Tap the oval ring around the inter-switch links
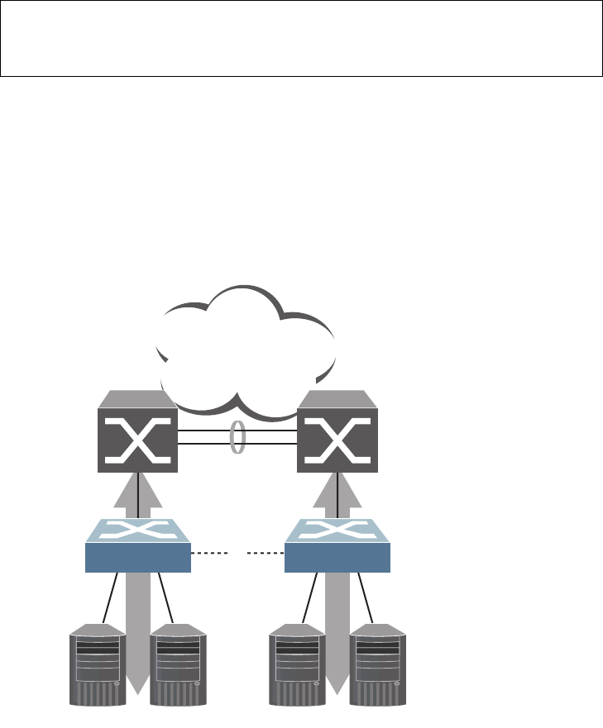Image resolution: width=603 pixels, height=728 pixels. (x=237, y=435)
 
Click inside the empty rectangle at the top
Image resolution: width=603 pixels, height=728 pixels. (x=301, y=39)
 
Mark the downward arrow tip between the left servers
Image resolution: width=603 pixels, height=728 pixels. (x=138, y=685)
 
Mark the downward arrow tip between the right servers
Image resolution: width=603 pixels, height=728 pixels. (x=338, y=685)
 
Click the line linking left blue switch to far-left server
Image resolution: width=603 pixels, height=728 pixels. (x=110, y=597)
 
